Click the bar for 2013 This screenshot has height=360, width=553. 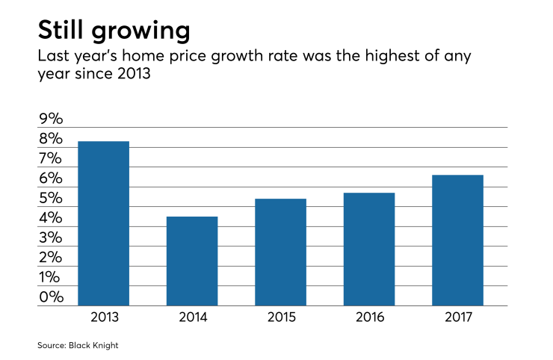click(x=104, y=223)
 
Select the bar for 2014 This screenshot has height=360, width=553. click(x=192, y=261)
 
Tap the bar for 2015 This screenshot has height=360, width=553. click(x=280, y=252)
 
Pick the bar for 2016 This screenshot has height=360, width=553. click(x=369, y=249)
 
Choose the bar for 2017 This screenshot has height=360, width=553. click(x=457, y=240)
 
